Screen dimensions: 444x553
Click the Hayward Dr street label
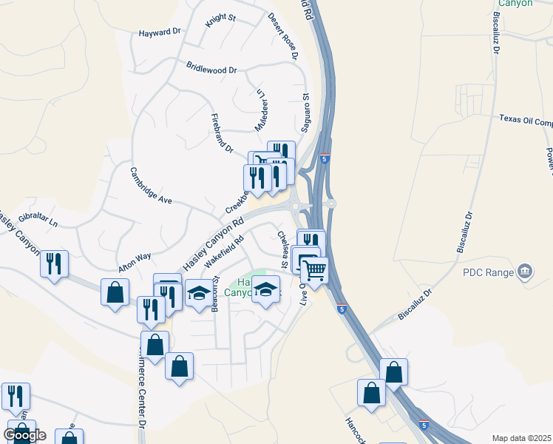160,33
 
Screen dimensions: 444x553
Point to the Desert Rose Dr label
282,36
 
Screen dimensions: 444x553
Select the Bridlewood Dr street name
211,69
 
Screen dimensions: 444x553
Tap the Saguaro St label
305,109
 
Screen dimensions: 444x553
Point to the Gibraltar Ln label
38,218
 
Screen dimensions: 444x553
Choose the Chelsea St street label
283,249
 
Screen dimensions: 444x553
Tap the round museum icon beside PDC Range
524,272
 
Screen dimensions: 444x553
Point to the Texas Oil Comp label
526,120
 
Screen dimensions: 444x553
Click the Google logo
25,435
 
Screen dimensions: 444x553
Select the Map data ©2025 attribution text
521,438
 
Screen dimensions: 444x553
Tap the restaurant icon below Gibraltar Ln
54,263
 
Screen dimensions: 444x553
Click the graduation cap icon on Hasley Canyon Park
266,288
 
